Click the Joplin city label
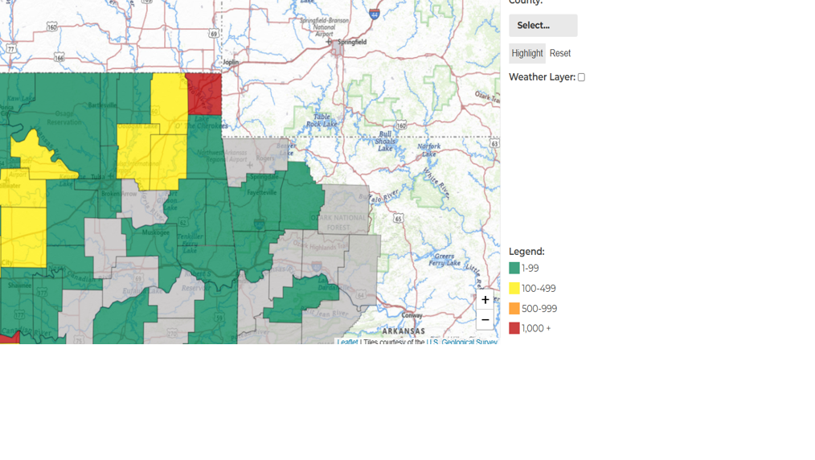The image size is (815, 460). (x=231, y=62)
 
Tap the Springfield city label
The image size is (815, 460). (x=351, y=42)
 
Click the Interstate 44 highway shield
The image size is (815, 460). (x=375, y=14)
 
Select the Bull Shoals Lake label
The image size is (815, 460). (x=386, y=141)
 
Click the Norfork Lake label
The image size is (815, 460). (x=428, y=150)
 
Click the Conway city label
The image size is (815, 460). (x=412, y=315)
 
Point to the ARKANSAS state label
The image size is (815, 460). (x=403, y=331)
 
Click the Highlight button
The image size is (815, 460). (x=527, y=53)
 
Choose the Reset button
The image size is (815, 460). (x=560, y=53)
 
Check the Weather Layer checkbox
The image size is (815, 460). (x=581, y=77)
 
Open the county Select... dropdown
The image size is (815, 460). (x=543, y=25)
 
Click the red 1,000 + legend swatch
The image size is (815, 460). (x=514, y=328)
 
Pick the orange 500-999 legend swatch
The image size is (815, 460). (x=514, y=308)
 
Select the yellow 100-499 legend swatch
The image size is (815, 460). (x=514, y=288)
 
